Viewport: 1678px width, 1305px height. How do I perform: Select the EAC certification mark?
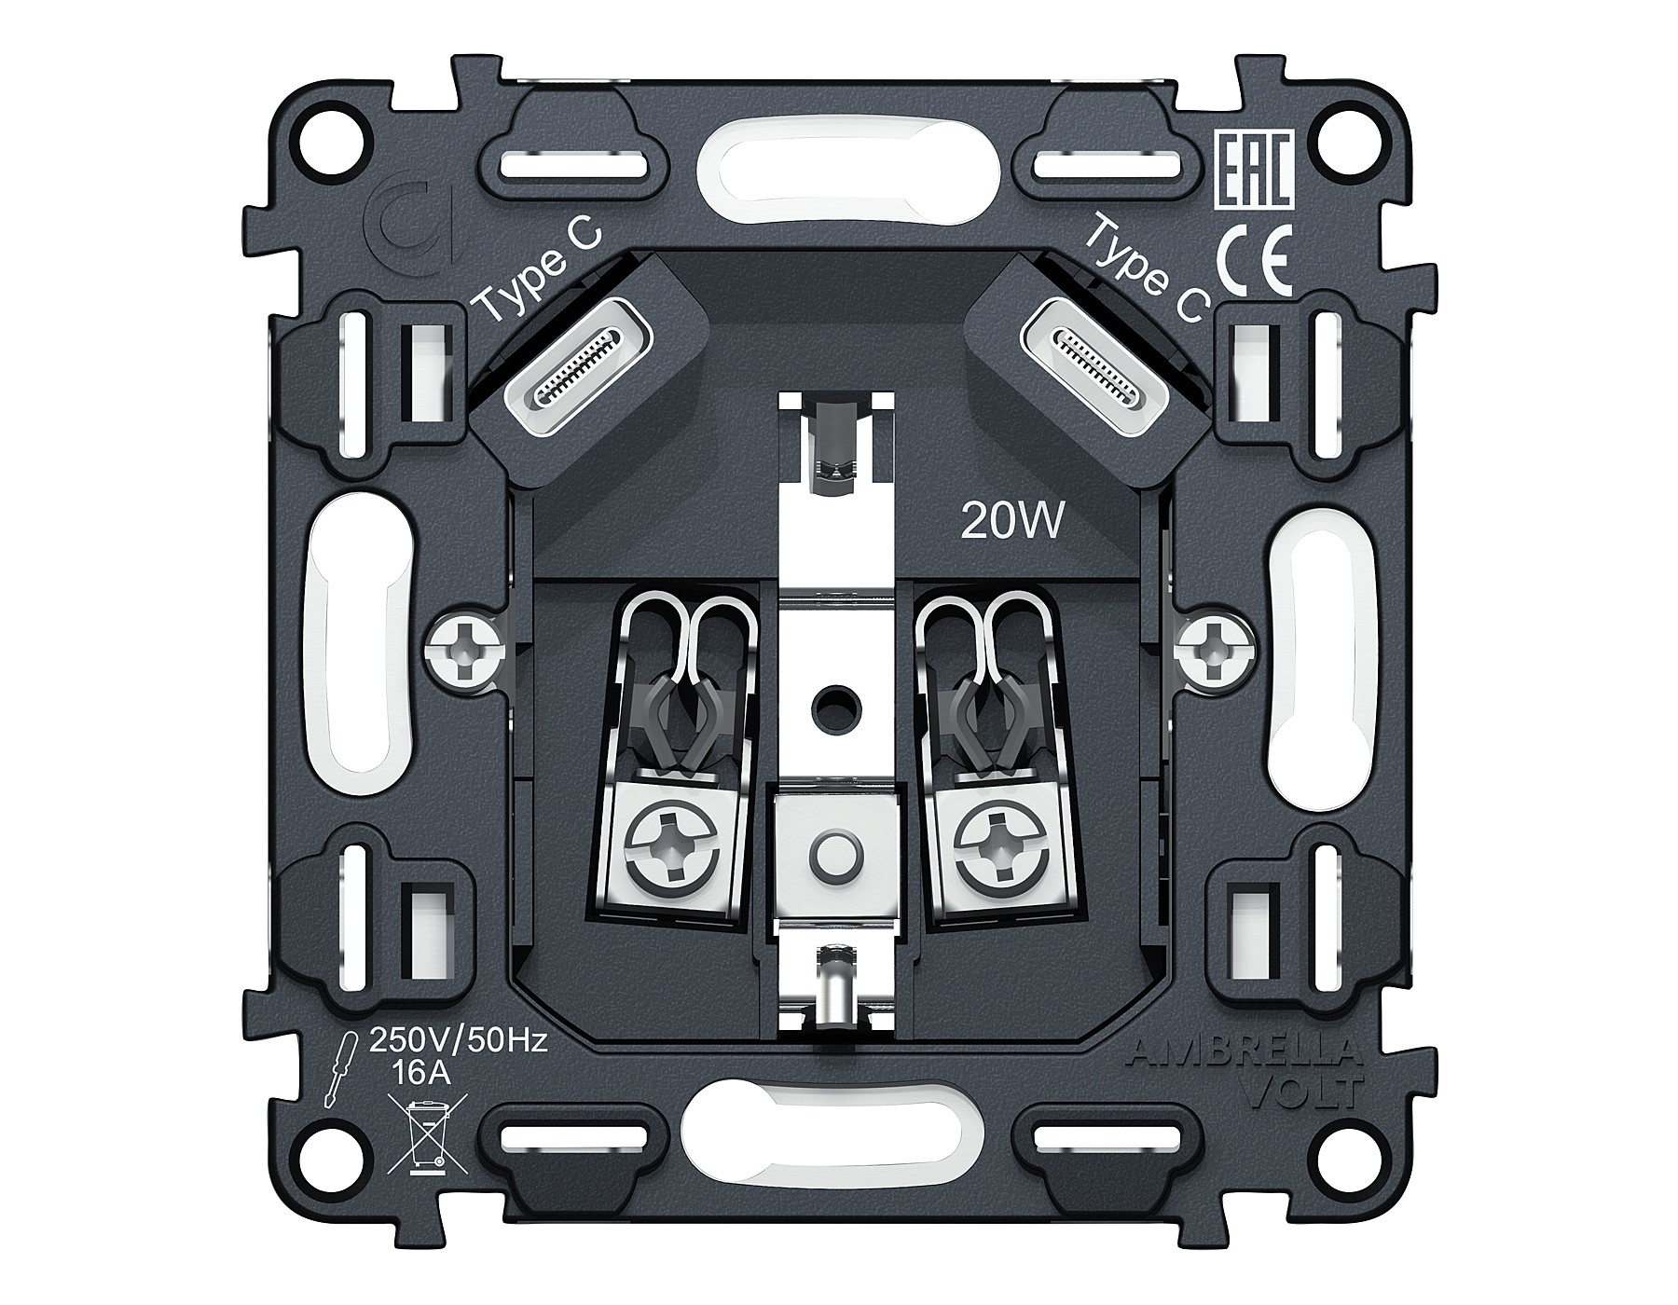click(1254, 170)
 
